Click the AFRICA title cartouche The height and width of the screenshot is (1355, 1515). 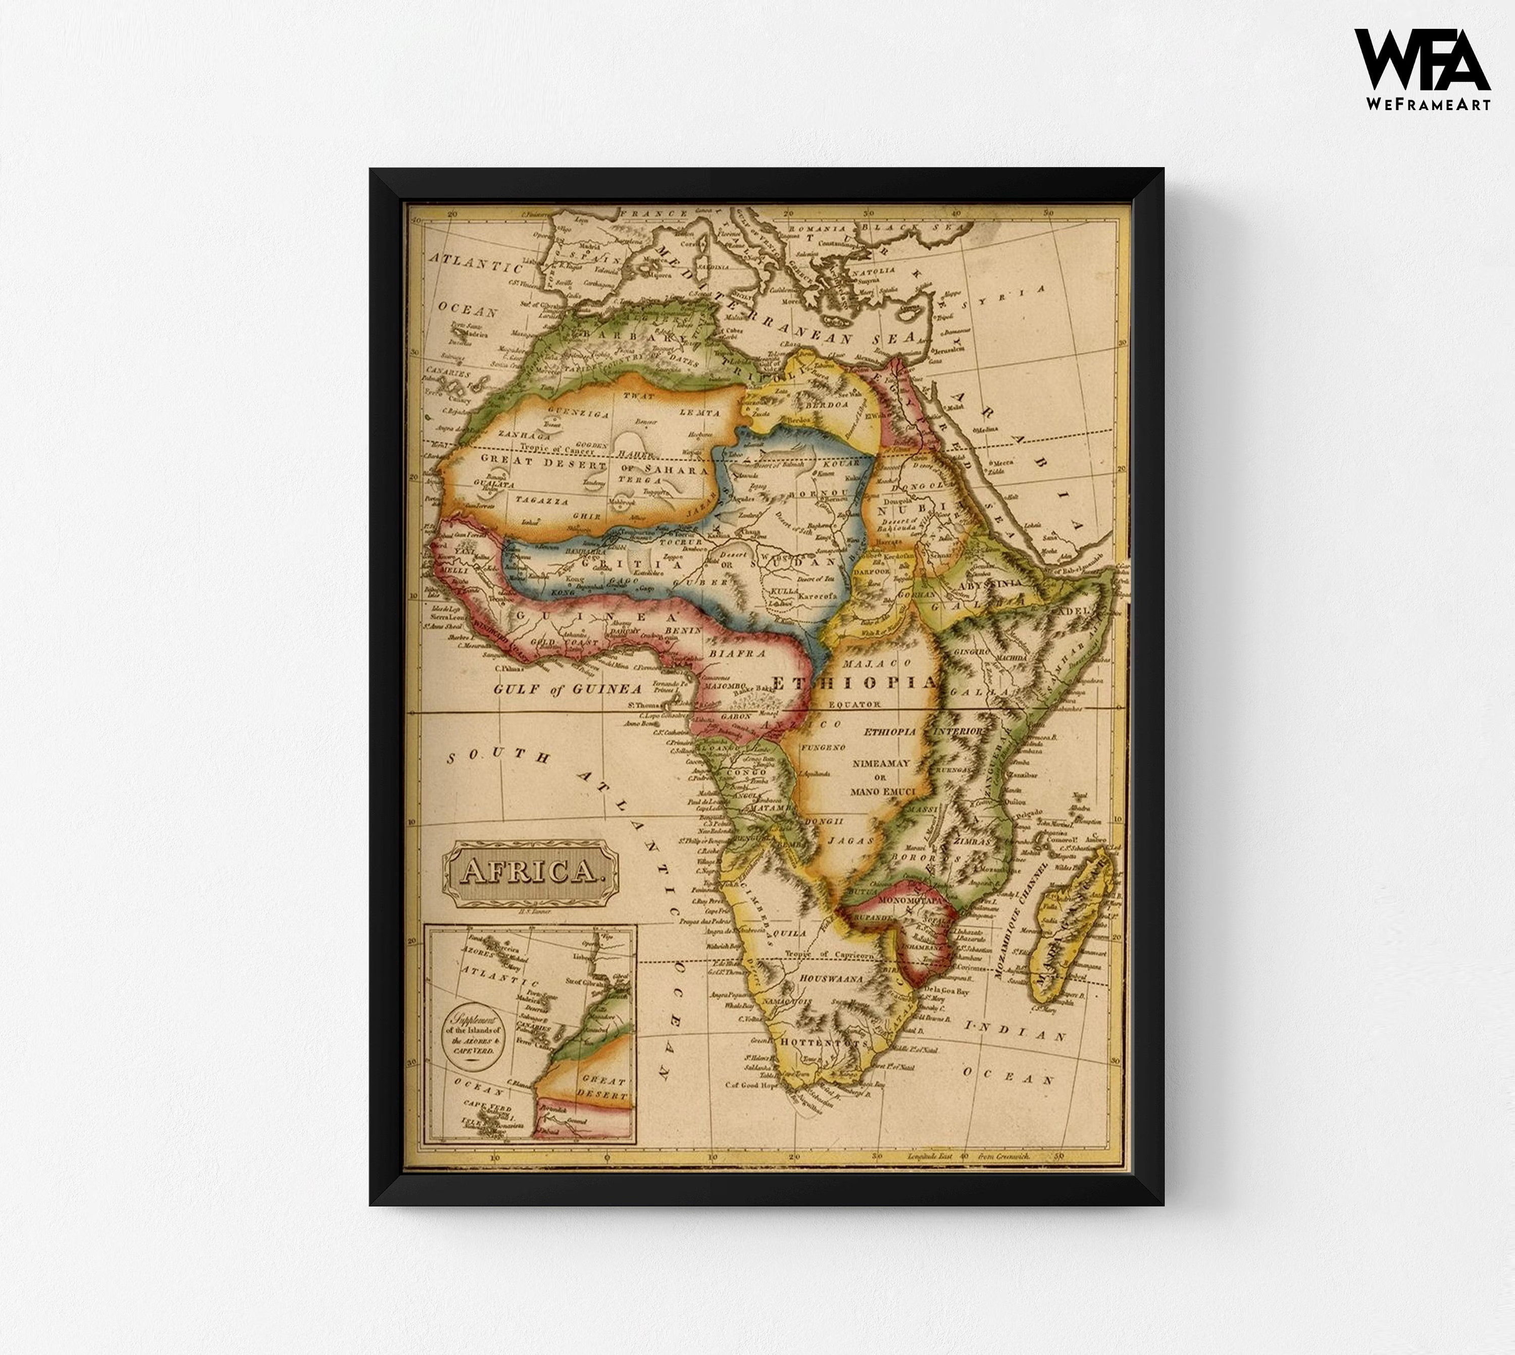(530, 871)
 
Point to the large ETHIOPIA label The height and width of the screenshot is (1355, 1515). (853, 683)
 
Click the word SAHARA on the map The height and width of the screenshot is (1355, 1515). (676, 470)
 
